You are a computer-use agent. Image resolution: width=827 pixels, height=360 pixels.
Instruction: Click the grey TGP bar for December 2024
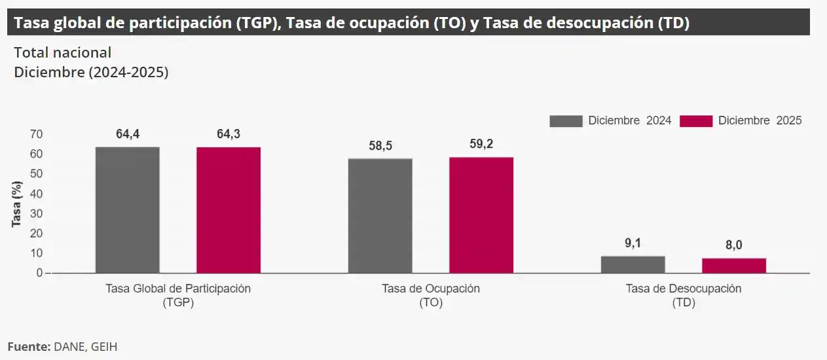(x=127, y=209)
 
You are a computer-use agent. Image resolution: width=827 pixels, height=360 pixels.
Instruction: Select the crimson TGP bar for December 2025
(x=229, y=209)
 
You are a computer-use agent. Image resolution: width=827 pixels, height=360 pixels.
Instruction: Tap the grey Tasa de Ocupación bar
(x=380, y=215)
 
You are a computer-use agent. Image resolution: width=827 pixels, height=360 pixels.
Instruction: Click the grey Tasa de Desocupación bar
(x=633, y=264)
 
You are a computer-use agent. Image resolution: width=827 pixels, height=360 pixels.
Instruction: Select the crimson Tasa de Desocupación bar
(x=734, y=265)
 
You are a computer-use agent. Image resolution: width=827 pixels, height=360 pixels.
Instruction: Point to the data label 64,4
(x=128, y=134)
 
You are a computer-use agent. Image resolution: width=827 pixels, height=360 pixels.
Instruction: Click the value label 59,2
(x=481, y=145)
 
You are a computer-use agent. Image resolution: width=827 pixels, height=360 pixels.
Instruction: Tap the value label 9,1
(x=633, y=243)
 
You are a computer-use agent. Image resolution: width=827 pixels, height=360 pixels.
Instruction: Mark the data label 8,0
(x=734, y=245)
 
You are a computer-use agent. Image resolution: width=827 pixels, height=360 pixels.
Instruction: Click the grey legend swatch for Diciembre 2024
(x=566, y=121)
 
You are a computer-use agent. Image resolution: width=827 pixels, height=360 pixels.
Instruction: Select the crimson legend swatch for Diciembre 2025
(x=696, y=121)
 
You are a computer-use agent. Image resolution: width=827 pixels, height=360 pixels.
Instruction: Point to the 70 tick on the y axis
(x=36, y=134)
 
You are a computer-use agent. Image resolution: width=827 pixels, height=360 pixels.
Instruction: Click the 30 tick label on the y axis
(x=36, y=213)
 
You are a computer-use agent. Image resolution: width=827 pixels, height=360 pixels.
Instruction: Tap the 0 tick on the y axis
(x=39, y=273)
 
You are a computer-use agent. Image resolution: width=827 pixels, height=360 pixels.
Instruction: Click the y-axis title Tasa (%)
(x=17, y=204)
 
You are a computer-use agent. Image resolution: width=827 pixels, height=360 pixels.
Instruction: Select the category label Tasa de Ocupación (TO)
(x=431, y=296)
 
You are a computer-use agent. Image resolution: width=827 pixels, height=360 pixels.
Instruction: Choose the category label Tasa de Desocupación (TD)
(x=684, y=296)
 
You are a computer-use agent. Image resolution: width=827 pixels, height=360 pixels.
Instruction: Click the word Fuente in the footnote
(x=28, y=346)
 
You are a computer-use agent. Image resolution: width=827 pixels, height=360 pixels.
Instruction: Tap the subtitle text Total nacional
(x=63, y=52)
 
